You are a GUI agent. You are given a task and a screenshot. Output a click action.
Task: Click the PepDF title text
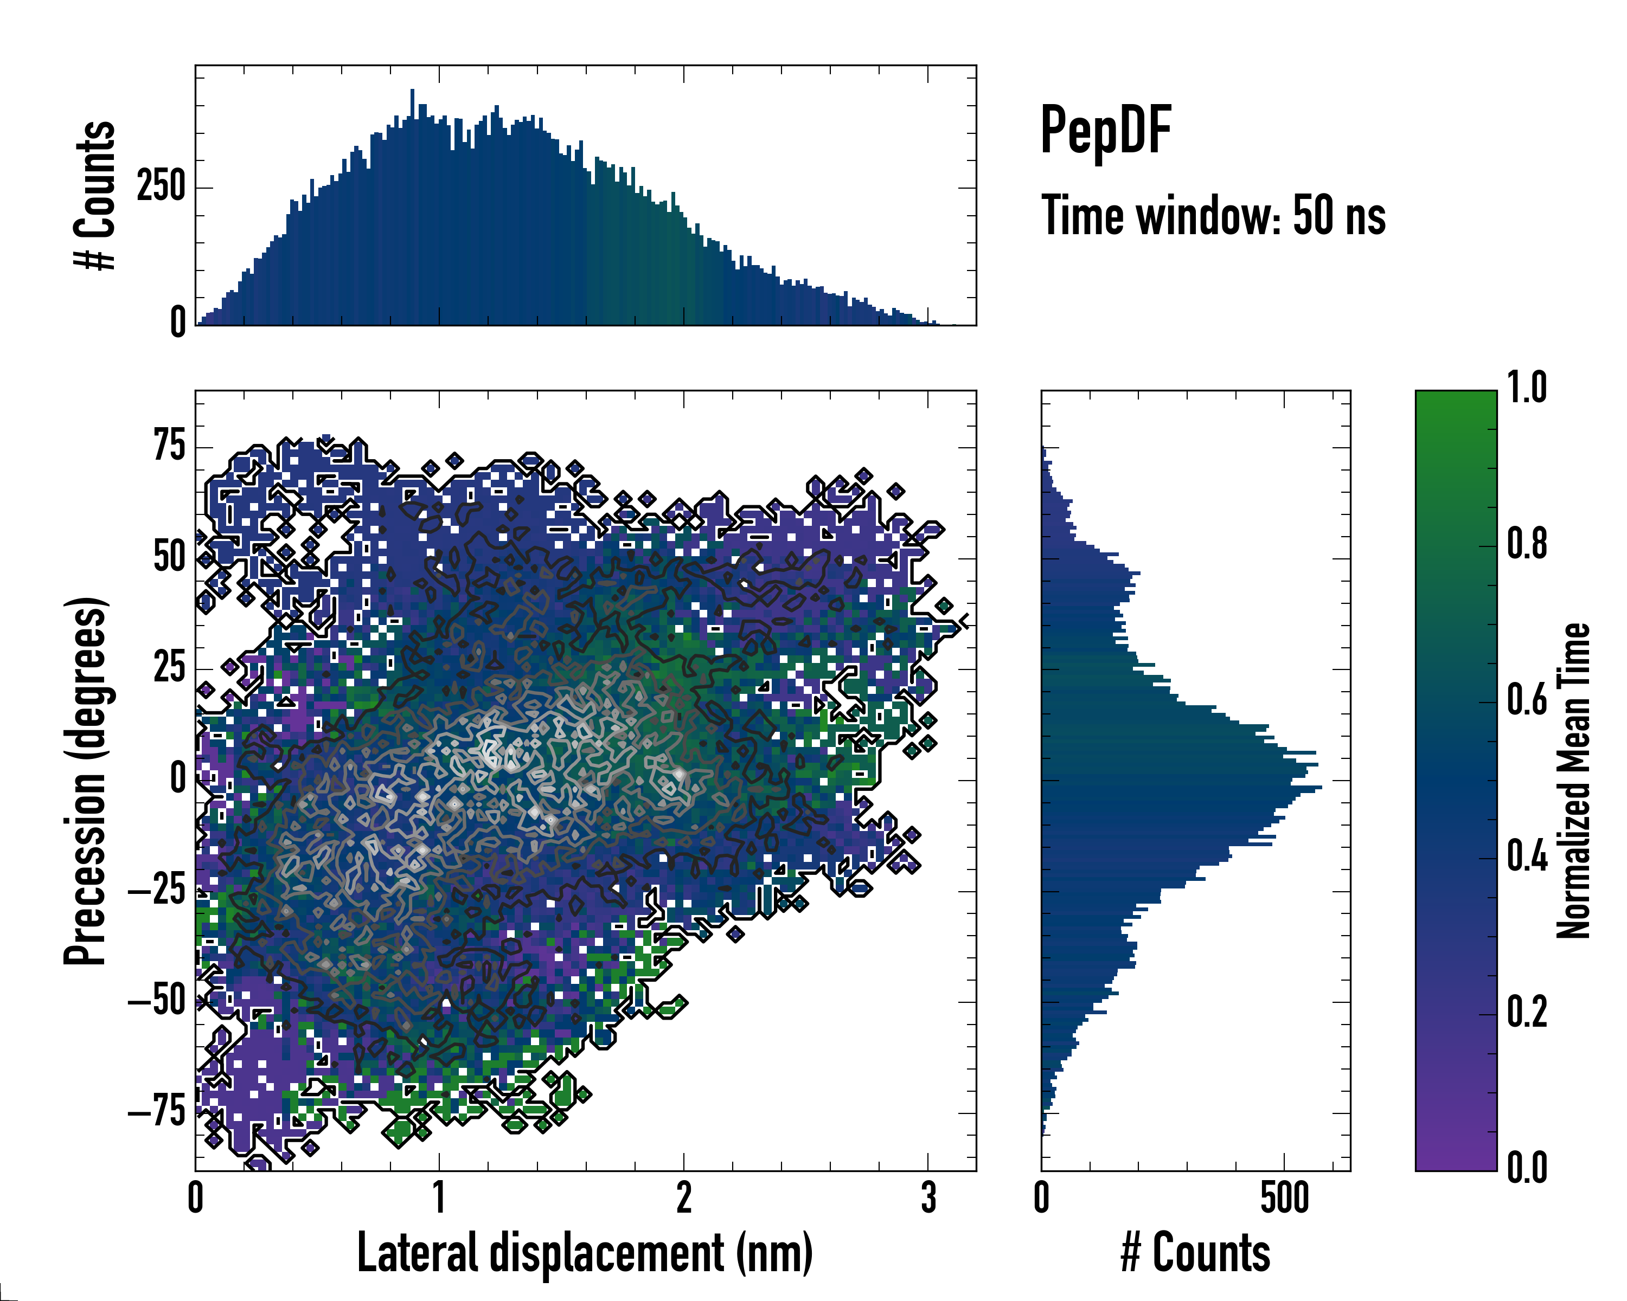point(1105,131)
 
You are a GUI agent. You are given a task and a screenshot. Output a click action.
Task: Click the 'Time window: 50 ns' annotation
point(1213,216)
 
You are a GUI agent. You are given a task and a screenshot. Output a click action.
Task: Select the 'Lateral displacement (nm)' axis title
point(585,1253)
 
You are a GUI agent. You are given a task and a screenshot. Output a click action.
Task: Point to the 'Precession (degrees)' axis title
point(85,781)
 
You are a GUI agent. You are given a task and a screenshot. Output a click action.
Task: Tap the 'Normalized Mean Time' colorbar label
point(1573,781)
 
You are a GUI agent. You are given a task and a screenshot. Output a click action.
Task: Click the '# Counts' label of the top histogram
point(95,195)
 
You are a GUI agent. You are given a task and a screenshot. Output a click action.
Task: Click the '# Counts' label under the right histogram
point(1195,1253)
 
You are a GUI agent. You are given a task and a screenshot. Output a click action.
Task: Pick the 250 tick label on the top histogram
point(161,186)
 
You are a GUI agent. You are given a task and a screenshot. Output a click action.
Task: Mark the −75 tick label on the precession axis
point(157,1112)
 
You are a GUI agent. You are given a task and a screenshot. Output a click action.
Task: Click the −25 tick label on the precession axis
point(157,891)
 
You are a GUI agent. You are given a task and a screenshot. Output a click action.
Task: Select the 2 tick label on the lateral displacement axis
point(684,1197)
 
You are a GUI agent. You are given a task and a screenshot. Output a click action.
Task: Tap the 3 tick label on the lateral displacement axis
point(928,1197)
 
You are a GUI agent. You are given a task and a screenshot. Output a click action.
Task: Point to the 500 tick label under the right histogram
point(1284,1197)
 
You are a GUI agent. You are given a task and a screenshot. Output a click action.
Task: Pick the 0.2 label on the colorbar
point(1527,1012)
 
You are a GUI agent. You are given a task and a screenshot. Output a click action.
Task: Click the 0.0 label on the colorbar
point(1527,1168)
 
